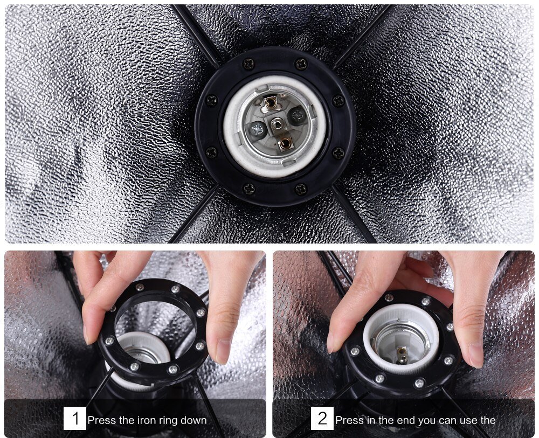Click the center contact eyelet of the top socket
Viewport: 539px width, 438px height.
(277, 123)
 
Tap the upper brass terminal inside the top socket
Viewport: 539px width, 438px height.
(269, 102)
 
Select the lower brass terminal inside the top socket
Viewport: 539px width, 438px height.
(286, 142)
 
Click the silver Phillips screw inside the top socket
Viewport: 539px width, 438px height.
(258, 130)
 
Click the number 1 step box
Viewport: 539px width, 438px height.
(75, 418)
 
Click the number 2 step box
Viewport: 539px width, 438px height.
(322, 418)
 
